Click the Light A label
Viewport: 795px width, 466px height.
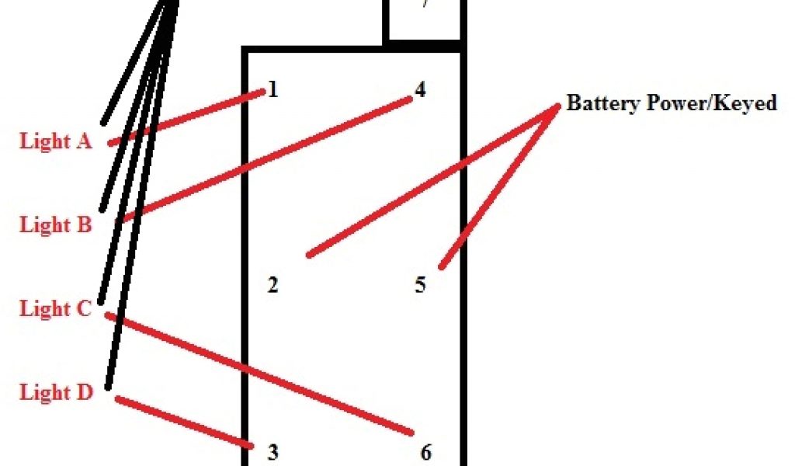56,141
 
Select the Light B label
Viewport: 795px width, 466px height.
56,225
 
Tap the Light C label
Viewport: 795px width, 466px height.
56,308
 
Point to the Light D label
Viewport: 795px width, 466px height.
56,392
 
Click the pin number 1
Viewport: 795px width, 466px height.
273,90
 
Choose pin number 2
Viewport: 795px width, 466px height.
273,285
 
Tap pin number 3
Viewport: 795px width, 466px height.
273,452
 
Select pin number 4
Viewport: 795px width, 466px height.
420,90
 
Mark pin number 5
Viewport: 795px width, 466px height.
420,285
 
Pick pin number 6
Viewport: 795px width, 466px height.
425,452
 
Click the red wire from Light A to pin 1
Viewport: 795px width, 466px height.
186,118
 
